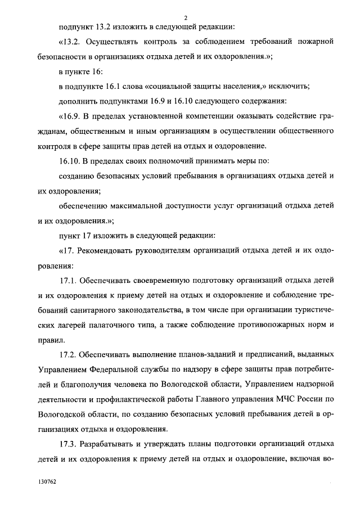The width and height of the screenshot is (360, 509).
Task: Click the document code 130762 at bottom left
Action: point(47,482)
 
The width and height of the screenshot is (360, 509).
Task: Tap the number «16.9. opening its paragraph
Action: point(71,116)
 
